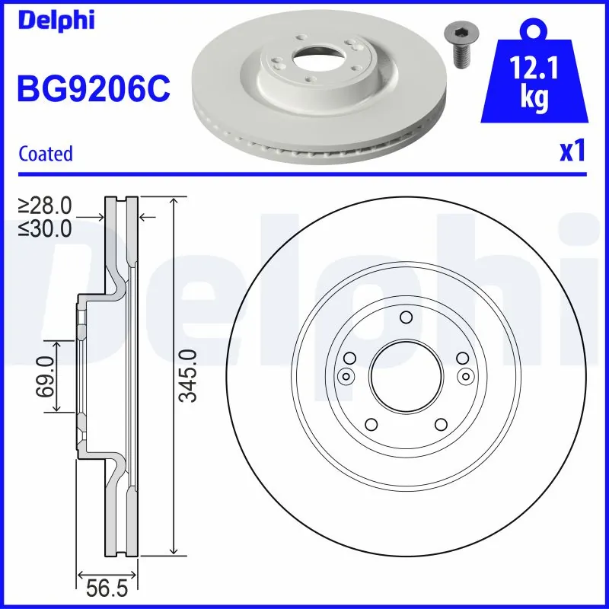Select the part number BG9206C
(94, 90)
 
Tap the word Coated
(46, 154)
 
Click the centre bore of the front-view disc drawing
(405, 374)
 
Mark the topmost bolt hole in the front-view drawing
(405, 317)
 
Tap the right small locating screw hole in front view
(464, 374)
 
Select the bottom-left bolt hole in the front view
(371, 425)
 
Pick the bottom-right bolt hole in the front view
(440, 425)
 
